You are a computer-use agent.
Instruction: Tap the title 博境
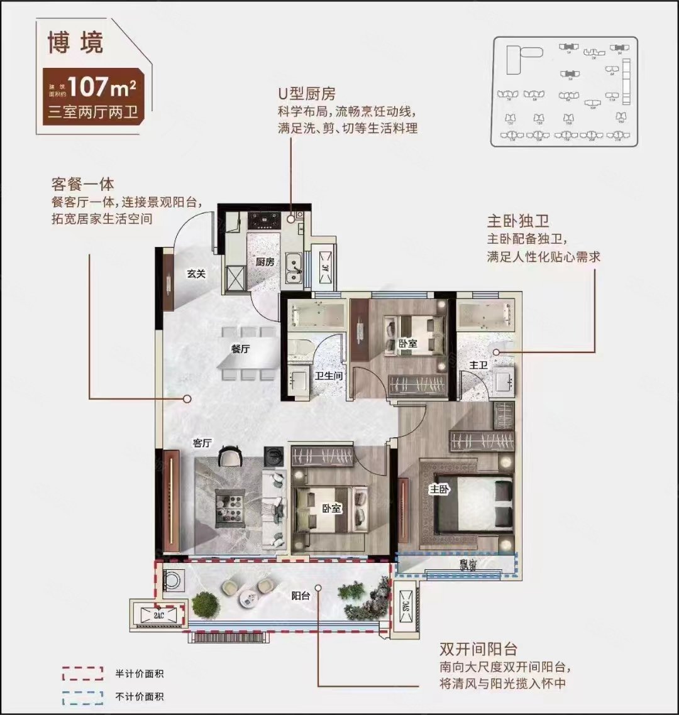[75, 43]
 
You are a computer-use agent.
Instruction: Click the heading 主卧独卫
[518, 222]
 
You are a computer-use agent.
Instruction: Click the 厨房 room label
[265, 262]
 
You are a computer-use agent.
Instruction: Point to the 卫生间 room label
[328, 376]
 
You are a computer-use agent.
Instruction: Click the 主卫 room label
[480, 364]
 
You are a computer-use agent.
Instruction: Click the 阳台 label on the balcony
[301, 596]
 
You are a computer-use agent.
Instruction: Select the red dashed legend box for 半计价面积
[82, 674]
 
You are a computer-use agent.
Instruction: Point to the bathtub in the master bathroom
[486, 314]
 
